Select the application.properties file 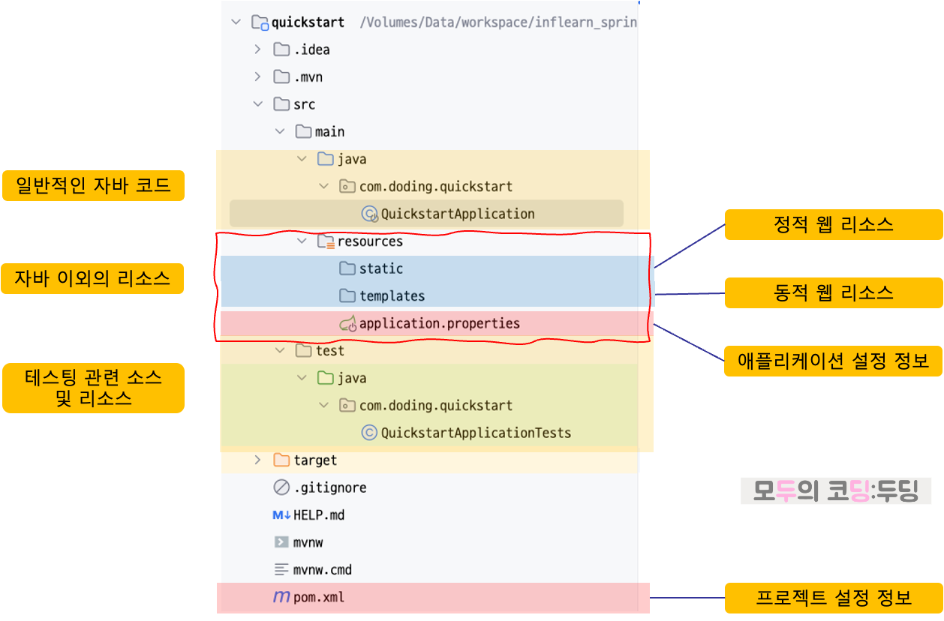point(439,324)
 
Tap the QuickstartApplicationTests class point(476,433)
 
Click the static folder point(380,268)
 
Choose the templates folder point(392,296)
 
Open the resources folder point(369,241)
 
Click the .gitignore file point(329,487)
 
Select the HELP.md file point(319,515)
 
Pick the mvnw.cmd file point(322,570)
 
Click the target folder point(314,460)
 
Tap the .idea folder point(311,49)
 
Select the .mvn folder point(308,77)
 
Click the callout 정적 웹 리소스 point(833,225)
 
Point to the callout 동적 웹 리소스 point(833,292)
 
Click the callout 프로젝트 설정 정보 point(833,598)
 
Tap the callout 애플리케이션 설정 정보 point(833,361)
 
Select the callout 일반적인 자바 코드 point(93,185)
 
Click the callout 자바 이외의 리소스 point(92,278)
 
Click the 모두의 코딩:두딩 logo point(836,491)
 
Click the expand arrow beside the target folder point(257,460)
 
